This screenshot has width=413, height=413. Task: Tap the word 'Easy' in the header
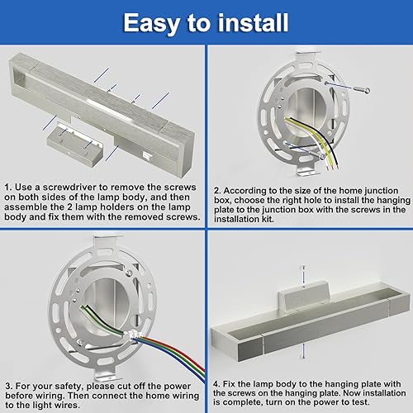click(x=154, y=22)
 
